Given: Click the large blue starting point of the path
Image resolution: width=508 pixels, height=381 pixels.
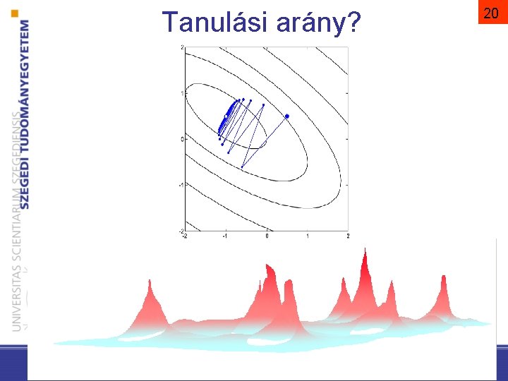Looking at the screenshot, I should coord(287,116).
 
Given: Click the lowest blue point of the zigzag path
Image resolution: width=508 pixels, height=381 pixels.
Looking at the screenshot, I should coord(242,167).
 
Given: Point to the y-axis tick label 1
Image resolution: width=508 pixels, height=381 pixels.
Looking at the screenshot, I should coord(181,93).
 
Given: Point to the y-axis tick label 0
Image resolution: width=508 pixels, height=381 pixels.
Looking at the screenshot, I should coord(181,139).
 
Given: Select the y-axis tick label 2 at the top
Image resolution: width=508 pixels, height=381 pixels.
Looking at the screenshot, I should coord(181,48).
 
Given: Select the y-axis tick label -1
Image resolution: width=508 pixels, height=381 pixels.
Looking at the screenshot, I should coord(181,185).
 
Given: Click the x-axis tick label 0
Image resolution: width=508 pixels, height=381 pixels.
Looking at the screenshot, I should coord(267,236).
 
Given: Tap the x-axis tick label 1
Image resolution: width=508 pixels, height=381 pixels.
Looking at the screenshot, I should coord(308,236).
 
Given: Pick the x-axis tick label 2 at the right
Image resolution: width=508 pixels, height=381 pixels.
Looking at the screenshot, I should coord(348,236).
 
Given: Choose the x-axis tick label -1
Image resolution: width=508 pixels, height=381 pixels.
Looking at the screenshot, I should coord(225,236).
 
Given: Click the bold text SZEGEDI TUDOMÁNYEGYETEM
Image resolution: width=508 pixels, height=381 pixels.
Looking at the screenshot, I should coord(25,113).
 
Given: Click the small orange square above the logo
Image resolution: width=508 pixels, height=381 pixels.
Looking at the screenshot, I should coord(16,13).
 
